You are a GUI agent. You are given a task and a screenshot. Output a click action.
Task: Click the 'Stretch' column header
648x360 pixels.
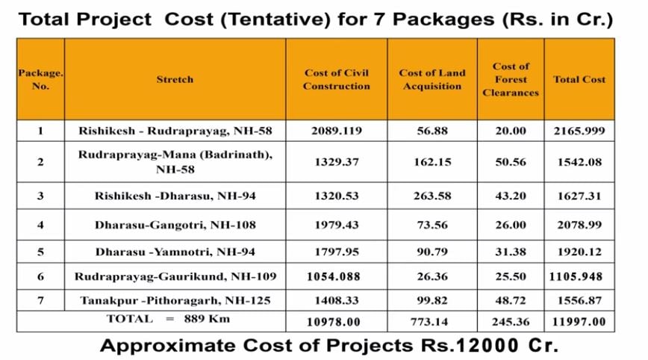tap(175, 79)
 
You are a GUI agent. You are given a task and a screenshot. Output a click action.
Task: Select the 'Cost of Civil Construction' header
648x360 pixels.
tap(336, 79)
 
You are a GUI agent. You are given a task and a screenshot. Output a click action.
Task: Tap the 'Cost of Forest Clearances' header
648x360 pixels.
tap(511, 79)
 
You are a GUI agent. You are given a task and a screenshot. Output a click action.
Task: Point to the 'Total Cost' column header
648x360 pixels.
tap(579, 79)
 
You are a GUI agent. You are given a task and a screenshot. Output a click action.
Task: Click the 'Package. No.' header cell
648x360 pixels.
tap(40, 79)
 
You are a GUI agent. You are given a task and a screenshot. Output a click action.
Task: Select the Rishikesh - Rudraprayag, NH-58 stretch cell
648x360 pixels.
tap(175, 131)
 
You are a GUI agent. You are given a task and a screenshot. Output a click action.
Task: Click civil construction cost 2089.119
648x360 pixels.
tap(336, 131)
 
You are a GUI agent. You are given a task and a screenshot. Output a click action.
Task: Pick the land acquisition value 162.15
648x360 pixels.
tap(432, 162)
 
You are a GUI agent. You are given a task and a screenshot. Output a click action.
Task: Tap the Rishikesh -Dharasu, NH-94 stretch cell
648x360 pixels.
tap(175, 196)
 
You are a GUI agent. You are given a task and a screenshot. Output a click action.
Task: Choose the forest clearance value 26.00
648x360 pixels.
tap(511, 224)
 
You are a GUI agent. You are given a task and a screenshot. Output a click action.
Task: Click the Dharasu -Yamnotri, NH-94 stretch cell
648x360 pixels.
tap(175, 251)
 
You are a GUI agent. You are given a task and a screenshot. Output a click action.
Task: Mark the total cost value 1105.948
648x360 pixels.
tap(579, 276)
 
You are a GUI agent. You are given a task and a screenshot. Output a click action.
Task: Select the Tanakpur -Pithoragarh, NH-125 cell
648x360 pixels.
tap(175, 300)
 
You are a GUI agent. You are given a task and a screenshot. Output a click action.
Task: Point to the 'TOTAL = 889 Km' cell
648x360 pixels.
tap(152, 319)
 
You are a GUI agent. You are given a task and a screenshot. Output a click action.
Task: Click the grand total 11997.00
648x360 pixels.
tap(579, 322)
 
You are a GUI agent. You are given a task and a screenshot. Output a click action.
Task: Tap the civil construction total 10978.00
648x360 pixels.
tap(336, 322)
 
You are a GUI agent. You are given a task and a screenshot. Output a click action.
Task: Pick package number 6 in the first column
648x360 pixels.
tap(40, 276)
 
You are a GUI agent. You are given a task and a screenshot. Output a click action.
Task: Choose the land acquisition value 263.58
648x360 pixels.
tap(432, 196)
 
